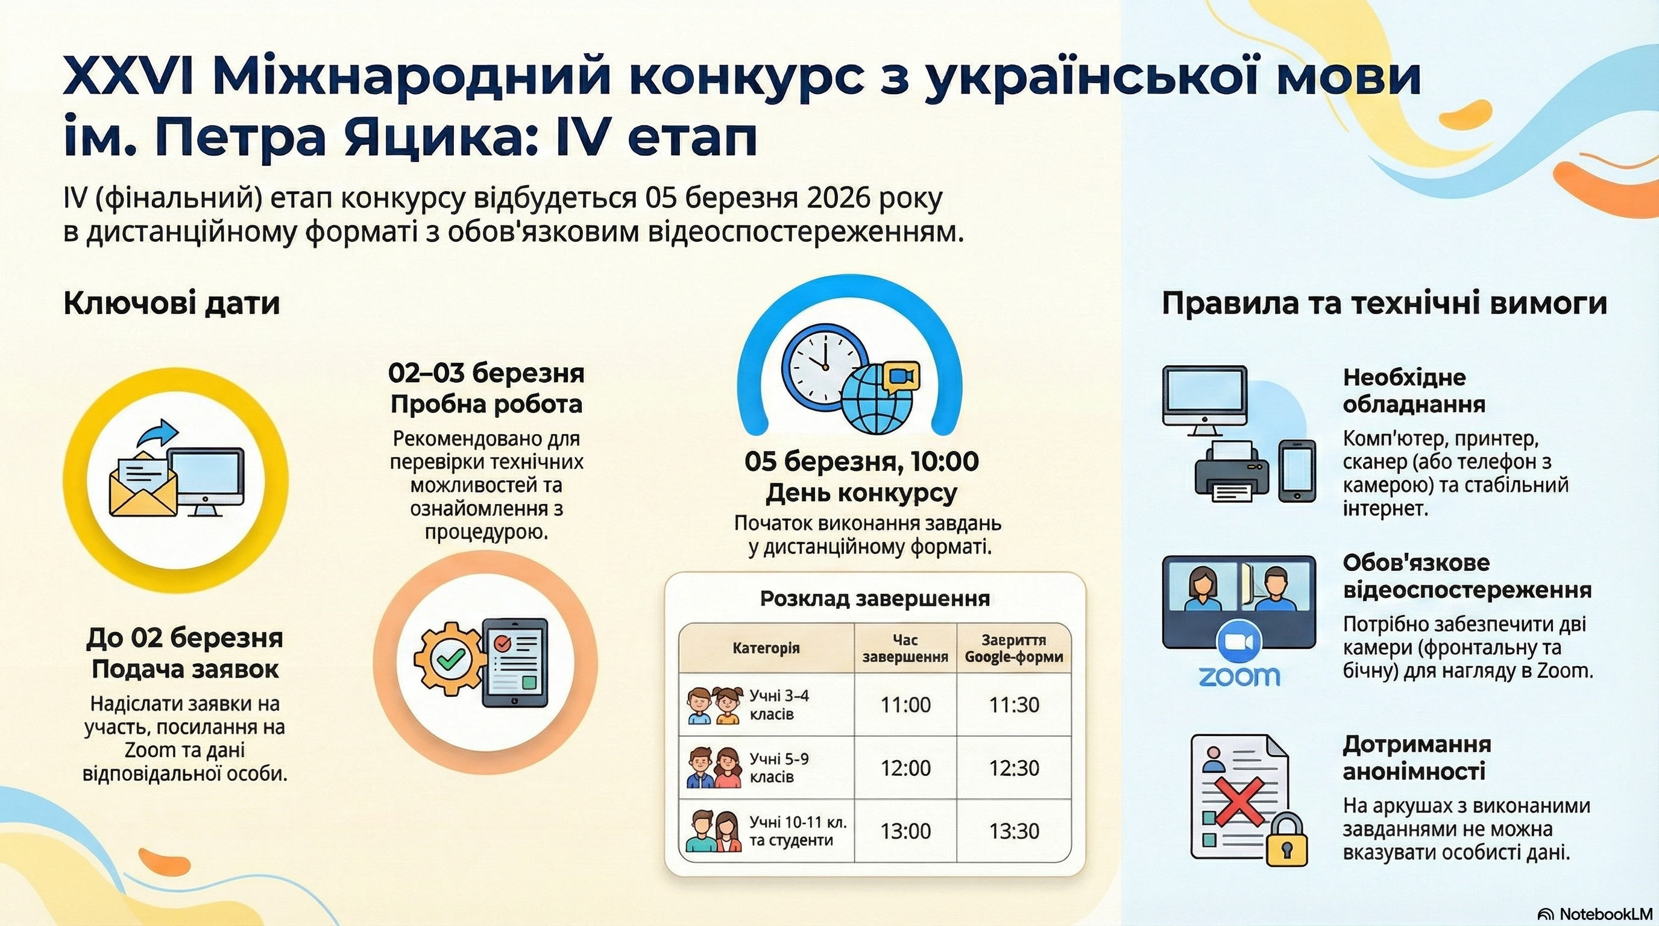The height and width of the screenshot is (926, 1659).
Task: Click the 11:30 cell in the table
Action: click(x=1014, y=705)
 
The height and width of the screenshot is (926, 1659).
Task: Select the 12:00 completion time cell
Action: click(x=905, y=767)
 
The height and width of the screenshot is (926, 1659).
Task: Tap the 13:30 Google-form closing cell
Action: click(x=1014, y=831)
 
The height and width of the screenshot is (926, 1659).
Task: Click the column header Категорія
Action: click(x=766, y=648)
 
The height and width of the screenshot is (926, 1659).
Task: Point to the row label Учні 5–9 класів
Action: click(x=779, y=767)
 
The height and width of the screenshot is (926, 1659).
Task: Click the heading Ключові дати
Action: click(x=171, y=304)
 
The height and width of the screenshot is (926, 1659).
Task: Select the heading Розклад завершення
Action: click(x=875, y=599)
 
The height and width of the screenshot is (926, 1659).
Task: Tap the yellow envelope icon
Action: click(x=143, y=484)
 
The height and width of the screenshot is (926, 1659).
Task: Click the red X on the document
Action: click(x=1238, y=801)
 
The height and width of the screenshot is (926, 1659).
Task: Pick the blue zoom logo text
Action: click(x=1239, y=676)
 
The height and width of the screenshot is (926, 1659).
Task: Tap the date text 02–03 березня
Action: click(x=486, y=374)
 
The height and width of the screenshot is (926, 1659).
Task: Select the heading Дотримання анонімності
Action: click(x=1417, y=757)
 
